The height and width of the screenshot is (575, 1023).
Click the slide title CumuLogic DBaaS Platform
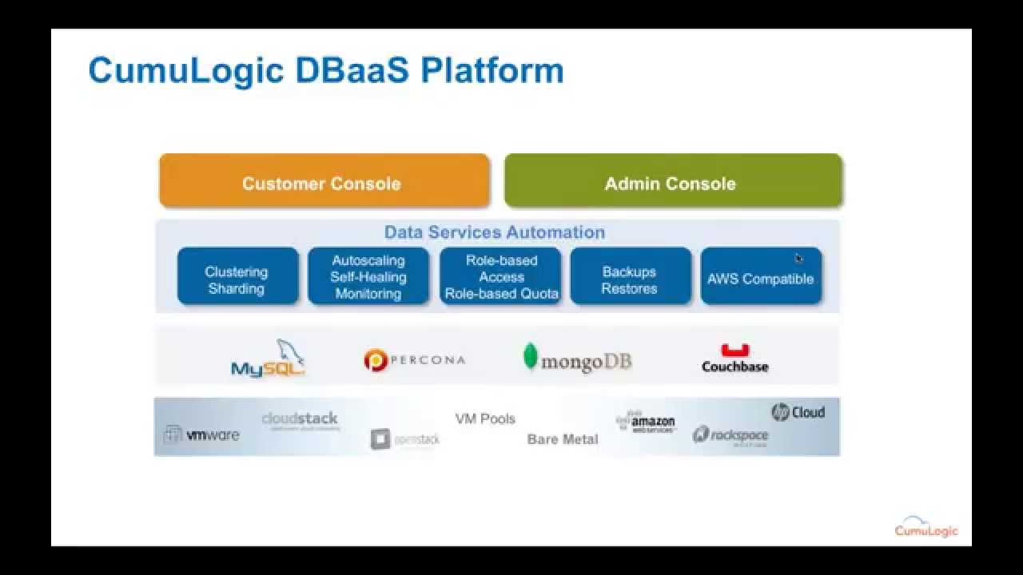326,70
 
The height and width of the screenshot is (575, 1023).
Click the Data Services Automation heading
494,232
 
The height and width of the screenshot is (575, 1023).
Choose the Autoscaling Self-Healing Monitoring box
368,276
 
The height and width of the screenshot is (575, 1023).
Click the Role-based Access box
501,276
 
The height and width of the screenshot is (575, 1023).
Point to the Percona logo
414,360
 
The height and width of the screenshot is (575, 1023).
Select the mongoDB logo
577,359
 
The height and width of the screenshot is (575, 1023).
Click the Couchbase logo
734,359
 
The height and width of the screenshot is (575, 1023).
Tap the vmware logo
201,434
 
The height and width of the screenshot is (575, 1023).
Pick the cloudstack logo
300,419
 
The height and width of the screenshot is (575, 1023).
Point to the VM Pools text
485,418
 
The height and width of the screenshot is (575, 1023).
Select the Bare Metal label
563,439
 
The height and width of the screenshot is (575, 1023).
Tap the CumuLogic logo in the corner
925,526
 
